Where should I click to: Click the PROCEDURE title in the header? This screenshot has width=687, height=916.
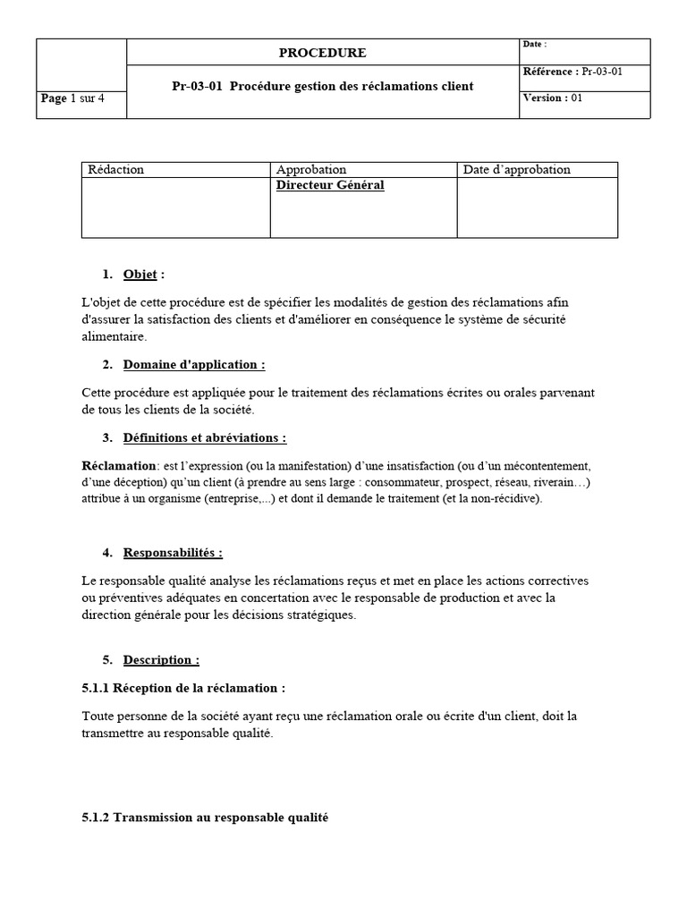(x=322, y=53)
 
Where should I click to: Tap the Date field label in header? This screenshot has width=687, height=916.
(x=533, y=45)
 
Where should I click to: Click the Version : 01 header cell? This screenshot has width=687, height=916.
(x=552, y=98)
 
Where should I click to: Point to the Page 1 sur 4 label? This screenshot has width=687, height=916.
(x=72, y=98)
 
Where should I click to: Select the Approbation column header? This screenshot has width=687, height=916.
(x=311, y=169)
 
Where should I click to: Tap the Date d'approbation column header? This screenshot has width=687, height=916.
(x=516, y=169)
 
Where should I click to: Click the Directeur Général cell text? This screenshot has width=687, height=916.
(x=330, y=185)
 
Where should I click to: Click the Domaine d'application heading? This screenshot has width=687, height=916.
(x=193, y=364)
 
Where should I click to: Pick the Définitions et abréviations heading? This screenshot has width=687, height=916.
(x=204, y=437)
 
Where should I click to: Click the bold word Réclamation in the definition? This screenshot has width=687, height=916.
(x=118, y=466)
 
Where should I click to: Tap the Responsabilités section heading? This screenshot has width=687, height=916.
(x=173, y=553)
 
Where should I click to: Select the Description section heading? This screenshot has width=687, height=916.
(x=161, y=660)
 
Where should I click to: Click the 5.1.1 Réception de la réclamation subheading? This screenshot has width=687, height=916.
(x=183, y=688)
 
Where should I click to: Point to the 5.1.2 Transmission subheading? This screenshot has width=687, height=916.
(x=205, y=818)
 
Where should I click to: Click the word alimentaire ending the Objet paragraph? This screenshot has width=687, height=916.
(x=112, y=336)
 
